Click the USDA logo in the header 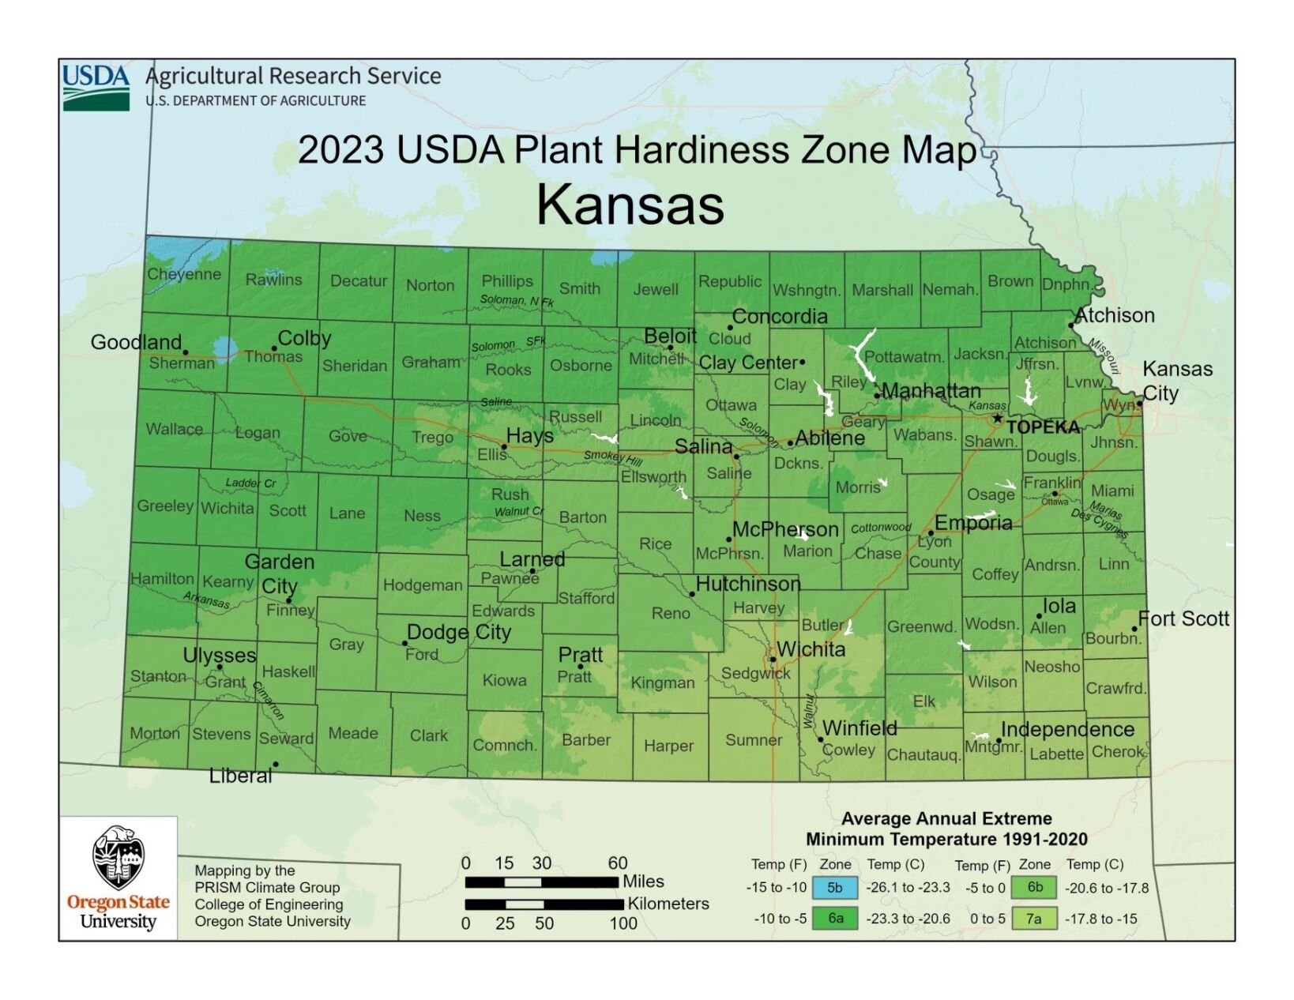click(96, 87)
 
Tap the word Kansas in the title click(630, 205)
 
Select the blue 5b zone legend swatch click(834, 888)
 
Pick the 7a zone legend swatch click(1033, 919)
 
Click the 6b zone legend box click(1034, 887)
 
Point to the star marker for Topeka click(998, 419)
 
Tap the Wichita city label click(811, 649)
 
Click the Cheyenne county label click(184, 274)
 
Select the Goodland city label click(136, 342)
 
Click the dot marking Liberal click(276, 764)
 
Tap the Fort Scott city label click(1183, 618)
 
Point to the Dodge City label click(459, 632)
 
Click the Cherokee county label click(1118, 751)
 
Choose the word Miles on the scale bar click(643, 882)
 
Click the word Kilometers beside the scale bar click(668, 904)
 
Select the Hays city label click(529, 436)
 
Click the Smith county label click(580, 288)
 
